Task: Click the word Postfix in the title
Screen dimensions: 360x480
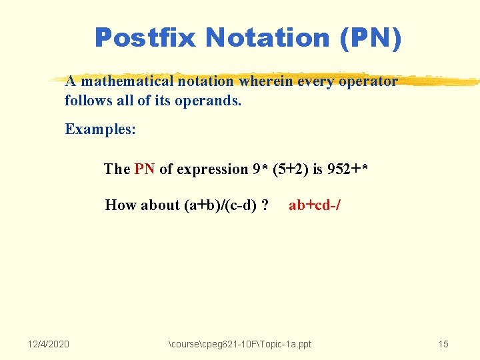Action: pos(146,38)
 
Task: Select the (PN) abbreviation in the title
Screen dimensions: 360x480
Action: pos(371,38)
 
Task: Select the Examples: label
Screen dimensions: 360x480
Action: pos(100,129)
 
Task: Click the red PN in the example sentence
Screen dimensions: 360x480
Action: pos(145,169)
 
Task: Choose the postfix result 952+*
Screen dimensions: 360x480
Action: pos(347,169)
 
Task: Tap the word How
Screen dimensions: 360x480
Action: pos(119,205)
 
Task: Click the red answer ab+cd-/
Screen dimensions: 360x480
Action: pos(315,205)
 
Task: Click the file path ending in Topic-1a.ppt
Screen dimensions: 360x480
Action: pos(240,344)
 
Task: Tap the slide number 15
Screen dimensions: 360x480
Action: pos(443,344)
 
